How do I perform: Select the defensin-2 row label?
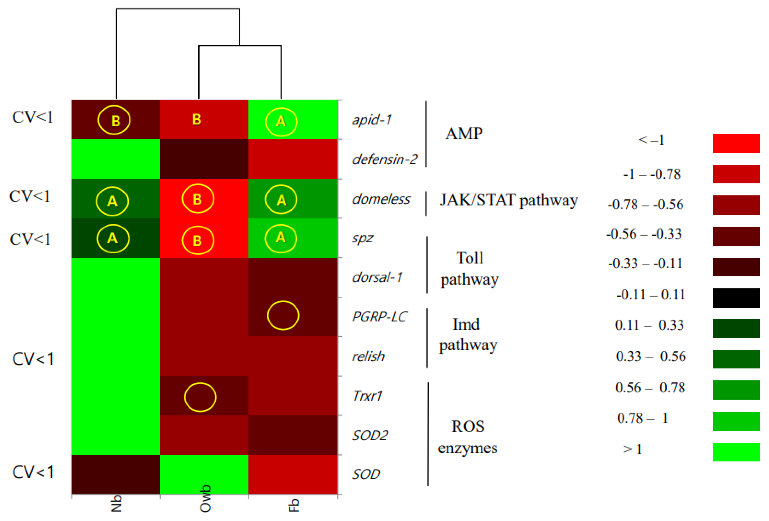(x=385, y=159)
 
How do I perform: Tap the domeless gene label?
(x=381, y=199)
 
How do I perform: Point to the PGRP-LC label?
(x=379, y=317)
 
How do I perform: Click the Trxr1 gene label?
(x=367, y=396)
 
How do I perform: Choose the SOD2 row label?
(x=370, y=435)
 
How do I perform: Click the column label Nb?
(x=116, y=504)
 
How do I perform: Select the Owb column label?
(x=205, y=499)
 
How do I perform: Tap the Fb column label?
(x=294, y=505)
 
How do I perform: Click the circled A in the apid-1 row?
(x=281, y=122)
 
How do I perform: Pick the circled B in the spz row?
(x=198, y=240)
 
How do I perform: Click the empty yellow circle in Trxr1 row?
(x=200, y=397)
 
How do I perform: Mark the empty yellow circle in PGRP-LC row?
(x=283, y=315)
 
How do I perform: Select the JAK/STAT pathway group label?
(x=509, y=200)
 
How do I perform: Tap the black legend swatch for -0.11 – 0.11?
(x=736, y=298)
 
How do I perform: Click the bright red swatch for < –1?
(x=736, y=143)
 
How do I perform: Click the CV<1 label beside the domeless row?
(x=30, y=196)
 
